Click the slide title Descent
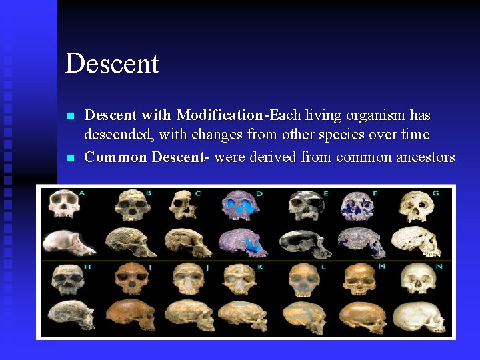[112, 64]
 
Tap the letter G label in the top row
[435, 193]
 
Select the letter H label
[87, 267]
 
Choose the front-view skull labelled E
[303, 206]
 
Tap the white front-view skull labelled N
[417, 281]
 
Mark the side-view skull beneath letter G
[417, 242]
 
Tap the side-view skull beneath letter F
[360, 242]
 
